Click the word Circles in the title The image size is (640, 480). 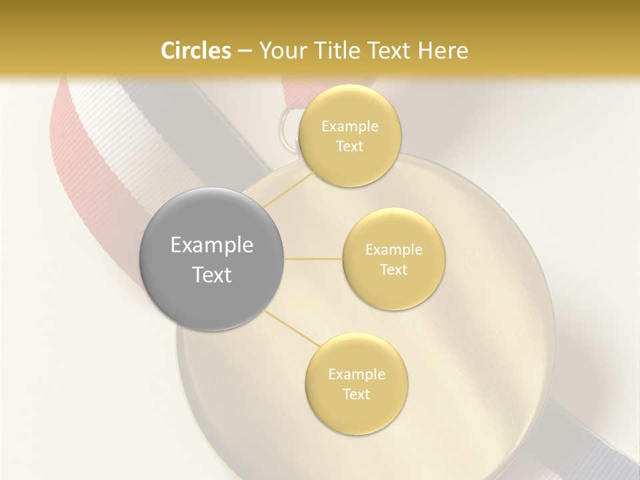(195, 51)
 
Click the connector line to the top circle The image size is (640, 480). (288, 189)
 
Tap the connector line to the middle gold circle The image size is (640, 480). (313, 259)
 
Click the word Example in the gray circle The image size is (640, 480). (212, 245)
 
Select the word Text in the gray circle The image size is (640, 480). (212, 275)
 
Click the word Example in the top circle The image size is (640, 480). (350, 127)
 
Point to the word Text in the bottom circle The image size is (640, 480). (356, 394)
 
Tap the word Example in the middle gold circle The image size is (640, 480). (394, 250)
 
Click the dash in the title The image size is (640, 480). (244, 51)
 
